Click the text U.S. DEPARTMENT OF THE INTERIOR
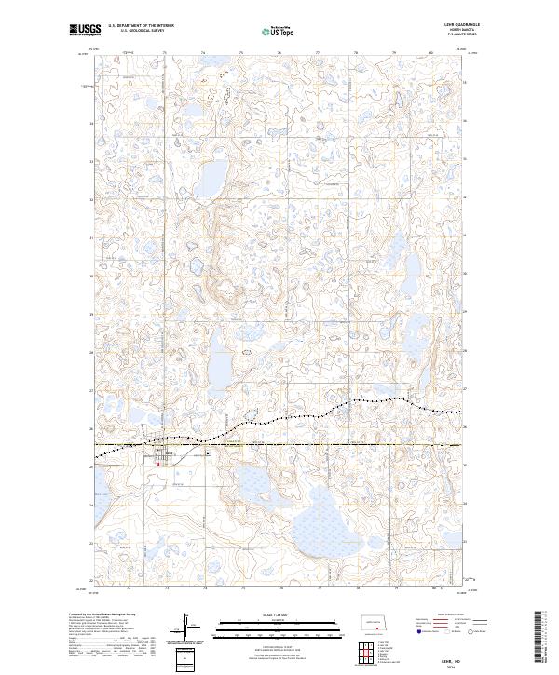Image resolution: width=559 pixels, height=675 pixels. [141, 26]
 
